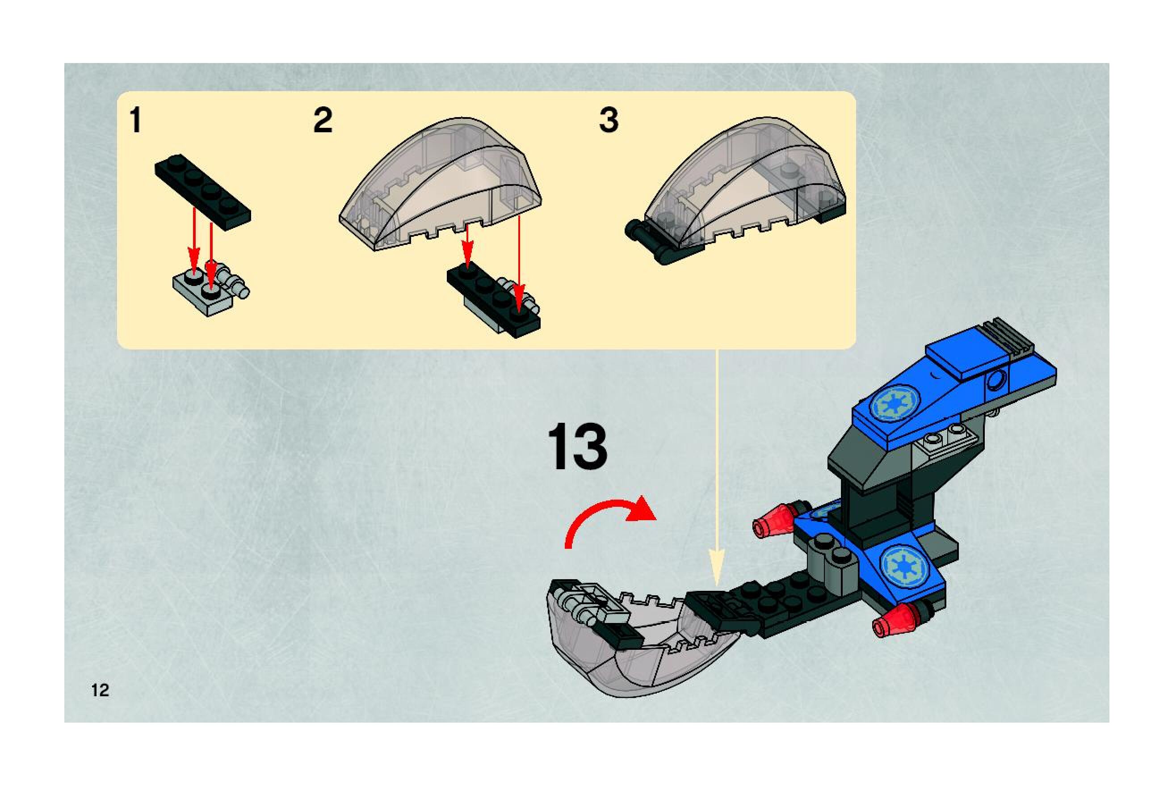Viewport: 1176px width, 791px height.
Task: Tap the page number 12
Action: point(101,690)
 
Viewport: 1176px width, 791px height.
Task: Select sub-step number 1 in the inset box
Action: point(135,121)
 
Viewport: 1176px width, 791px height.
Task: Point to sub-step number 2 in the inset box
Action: point(323,121)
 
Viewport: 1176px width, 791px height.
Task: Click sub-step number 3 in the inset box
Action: point(609,121)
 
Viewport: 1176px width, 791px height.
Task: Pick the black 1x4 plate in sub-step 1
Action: point(203,192)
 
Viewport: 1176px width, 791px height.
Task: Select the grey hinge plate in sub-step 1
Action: point(211,289)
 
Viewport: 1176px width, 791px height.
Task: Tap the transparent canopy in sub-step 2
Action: point(440,184)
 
